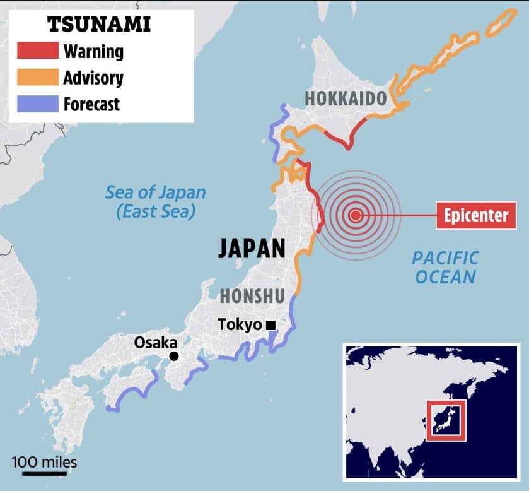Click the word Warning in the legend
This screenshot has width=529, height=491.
(94, 51)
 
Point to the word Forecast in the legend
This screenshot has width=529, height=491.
(91, 104)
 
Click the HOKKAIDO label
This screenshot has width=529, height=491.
(346, 98)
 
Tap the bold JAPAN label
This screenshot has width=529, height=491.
(252, 248)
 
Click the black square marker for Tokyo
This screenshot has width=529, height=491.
(270, 326)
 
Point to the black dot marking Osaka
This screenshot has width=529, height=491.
(174, 357)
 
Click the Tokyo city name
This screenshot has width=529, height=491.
(240, 325)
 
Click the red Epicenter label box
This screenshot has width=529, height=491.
(476, 216)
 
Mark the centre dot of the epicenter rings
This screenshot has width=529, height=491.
(356, 216)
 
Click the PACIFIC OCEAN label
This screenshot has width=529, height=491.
(445, 267)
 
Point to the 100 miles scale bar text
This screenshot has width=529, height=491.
(44, 462)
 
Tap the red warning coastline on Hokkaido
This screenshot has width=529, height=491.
(354, 131)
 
